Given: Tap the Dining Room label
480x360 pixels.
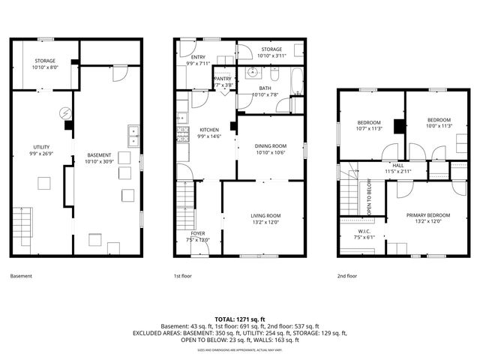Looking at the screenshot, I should [269, 149].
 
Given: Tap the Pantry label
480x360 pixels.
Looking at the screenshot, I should [223, 82].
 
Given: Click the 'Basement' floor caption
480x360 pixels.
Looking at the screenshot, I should [22, 276].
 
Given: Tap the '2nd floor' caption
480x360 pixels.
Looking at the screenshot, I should [347, 276].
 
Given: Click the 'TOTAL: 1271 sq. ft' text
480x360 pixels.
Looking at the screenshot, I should [239, 319].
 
